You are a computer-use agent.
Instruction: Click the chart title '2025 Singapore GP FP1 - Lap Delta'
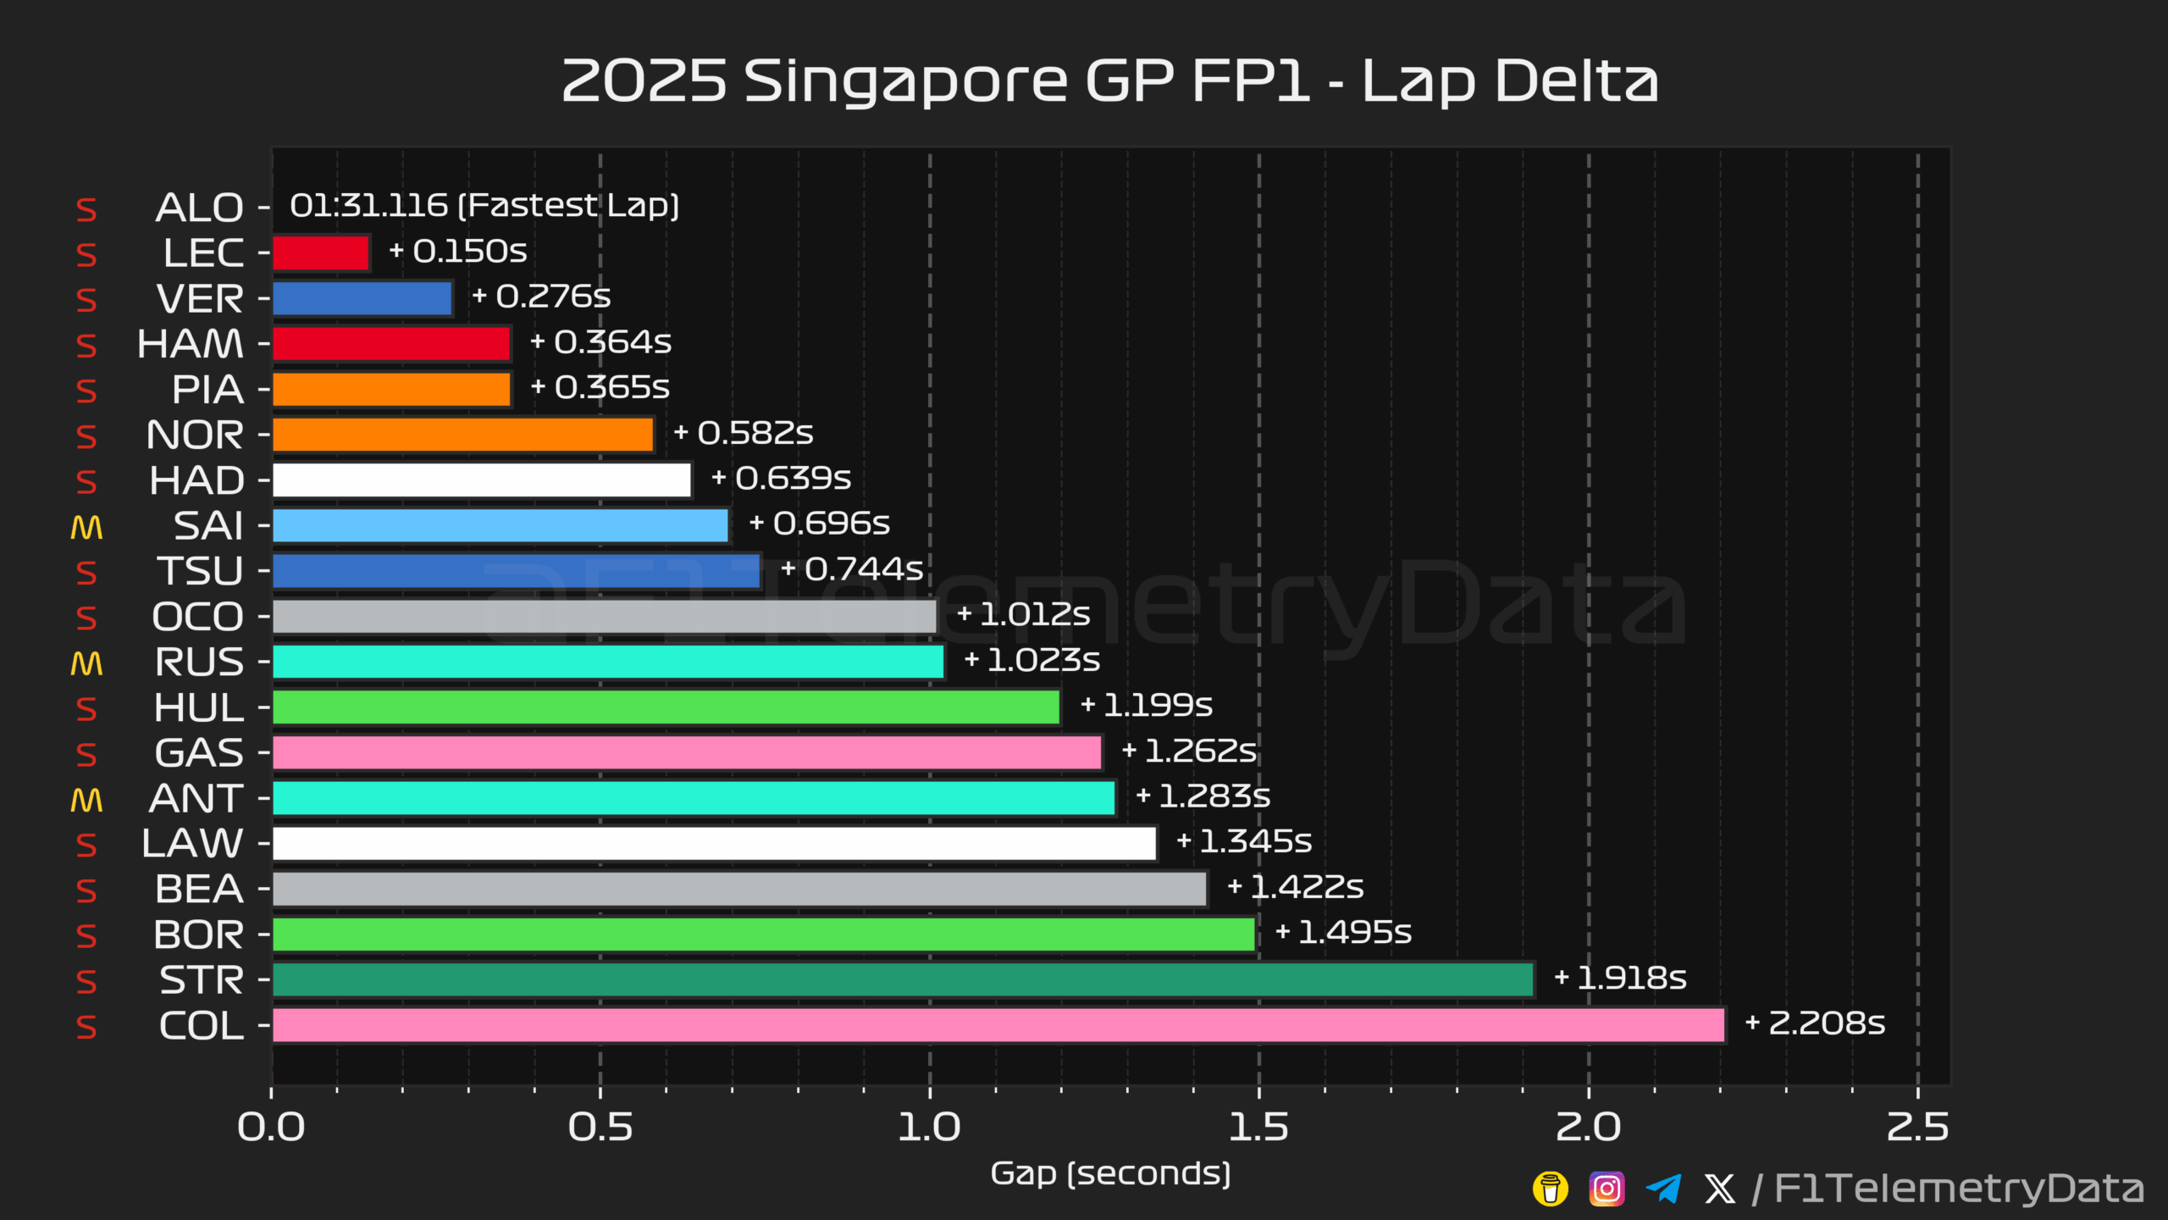[x=1109, y=82]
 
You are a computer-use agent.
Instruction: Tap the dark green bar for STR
[x=903, y=980]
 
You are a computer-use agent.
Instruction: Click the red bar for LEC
[x=321, y=252]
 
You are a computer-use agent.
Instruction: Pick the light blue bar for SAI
[x=500, y=525]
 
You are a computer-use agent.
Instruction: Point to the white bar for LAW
[x=714, y=844]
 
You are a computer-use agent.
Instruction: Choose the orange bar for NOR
[x=462, y=435]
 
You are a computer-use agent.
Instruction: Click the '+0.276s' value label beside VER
[x=541, y=297]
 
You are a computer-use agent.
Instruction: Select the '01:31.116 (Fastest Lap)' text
[x=484, y=206]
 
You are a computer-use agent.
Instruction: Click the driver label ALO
[x=200, y=208]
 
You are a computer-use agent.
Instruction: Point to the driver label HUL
[x=199, y=707]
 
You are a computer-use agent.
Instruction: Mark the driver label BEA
[x=200, y=890]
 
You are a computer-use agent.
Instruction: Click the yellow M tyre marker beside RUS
[x=86, y=663]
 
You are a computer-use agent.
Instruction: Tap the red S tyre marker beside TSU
[x=86, y=573]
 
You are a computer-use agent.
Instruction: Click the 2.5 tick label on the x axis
[x=1917, y=1128]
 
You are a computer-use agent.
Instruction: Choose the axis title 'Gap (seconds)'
[x=1110, y=1174]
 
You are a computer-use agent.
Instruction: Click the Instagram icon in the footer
[x=1607, y=1189]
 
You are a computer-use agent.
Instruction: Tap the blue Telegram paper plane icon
[x=1663, y=1189]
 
